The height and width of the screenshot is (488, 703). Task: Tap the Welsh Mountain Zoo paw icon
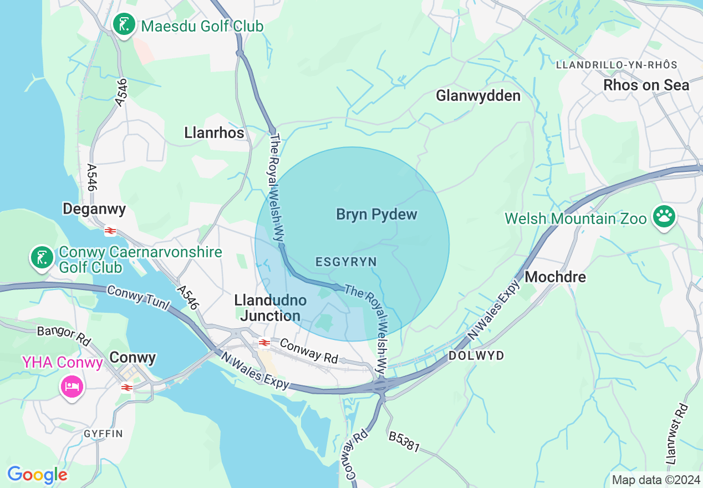pyautogui.click(x=663, y=217)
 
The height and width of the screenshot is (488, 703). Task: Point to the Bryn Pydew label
pyautogui.click(x=376, y=215)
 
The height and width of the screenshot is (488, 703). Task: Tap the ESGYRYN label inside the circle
pyautogui.click(x=346, y=262)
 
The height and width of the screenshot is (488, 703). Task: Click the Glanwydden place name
pyautogui.click(x=478, y=96)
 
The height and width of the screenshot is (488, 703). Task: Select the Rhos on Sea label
pyautogui.click(x=646, y=85)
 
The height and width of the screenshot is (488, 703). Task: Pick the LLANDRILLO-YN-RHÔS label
pyautogui.click(x=617, y=65)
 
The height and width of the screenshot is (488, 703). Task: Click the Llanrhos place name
pyautogui.click(x=214, y=133)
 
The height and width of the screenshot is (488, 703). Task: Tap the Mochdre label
pyautogui.click(x=555, y=277)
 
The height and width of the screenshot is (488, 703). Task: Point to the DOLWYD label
pyautogui.click(x=476, y=355)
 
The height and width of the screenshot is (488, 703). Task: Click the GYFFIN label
pyautogui.click(x=103, y=433)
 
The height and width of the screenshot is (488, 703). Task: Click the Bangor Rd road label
pyautogui.click(x=63, y=335)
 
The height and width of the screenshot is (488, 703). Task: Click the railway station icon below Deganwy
pyautogui.click(x=110, y=231)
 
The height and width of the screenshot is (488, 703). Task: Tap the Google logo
pyautogui.click(x=37, y=475)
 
